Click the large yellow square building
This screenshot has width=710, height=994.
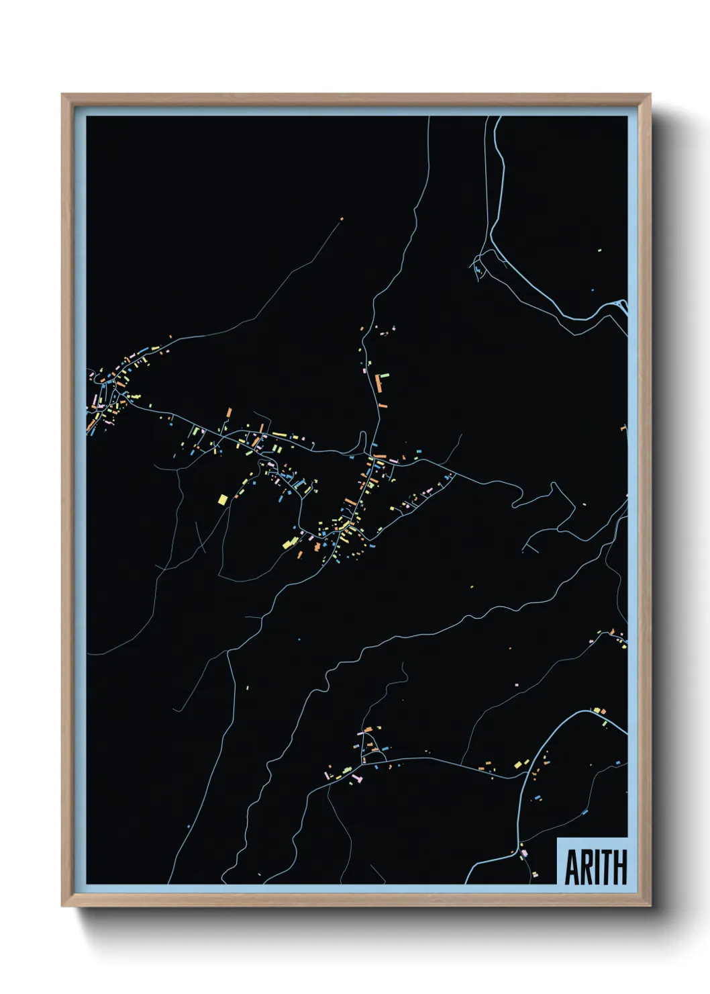tap(223, 499)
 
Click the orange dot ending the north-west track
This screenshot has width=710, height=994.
tap(342, 219)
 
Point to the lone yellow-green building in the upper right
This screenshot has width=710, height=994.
tap(599, 251)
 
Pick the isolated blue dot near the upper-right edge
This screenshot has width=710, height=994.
tap(592, 290)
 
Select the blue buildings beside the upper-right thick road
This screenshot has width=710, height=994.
tap(478, 271)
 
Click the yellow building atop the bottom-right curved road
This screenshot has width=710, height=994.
tap(596, 710)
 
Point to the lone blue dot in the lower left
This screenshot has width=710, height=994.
tap(189, 826)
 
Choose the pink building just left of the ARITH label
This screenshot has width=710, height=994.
tap(523, 853)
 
